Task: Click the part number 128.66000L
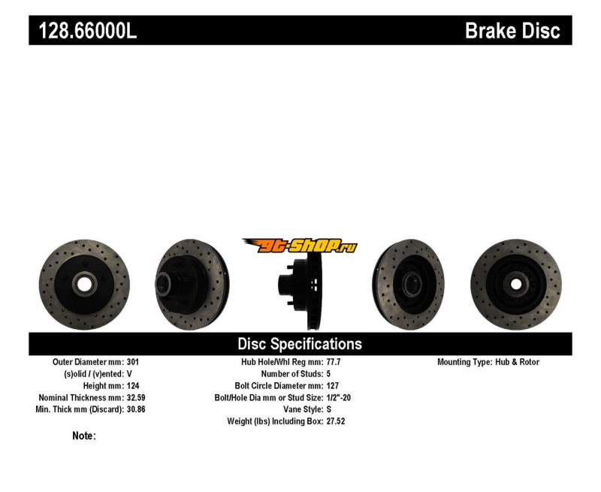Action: (x=88, y=30)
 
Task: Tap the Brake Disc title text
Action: (x=512, y=31)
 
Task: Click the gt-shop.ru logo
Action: (x=300, y=246)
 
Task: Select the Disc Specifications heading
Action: (x=300, y=344)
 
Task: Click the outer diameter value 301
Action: (x=133, y=362)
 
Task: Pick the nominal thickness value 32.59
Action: (x=136, y=398)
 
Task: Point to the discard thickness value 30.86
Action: (x=136, y=409)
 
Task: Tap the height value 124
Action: (x=133, y=386)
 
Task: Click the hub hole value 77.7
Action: (x=334, y=362)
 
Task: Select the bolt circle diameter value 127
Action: (x=333, y=386)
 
